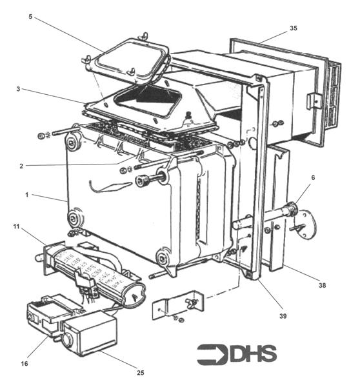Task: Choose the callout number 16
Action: pyautogui.click(x=24, y=364)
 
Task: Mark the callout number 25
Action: pyautogui.click(x=140, y=372)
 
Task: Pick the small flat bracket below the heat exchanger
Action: pyautogui.click(x=177, y=307)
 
